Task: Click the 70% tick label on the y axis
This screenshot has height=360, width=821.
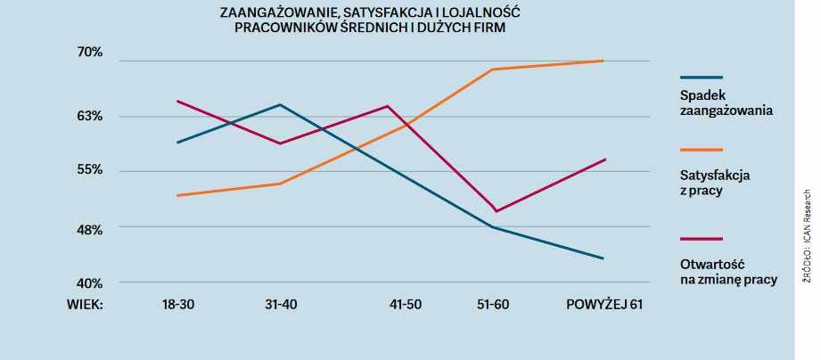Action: click(90, 53)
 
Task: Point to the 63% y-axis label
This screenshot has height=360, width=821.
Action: click(90, 116)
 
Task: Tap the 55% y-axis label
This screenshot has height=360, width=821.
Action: click(90, 169)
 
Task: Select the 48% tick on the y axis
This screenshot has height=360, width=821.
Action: click(90, 229)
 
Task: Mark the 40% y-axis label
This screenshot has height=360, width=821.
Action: click(90, 283)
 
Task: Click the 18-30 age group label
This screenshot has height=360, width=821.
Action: click(178, 305)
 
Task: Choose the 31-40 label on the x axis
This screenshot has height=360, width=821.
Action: click(282, 305)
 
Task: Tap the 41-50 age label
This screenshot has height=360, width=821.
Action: click(406, 305)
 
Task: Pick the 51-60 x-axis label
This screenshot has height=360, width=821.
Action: click(493, 305)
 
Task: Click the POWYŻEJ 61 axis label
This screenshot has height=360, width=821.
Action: click(604, 305)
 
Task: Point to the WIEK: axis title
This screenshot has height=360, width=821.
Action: click(86, 305)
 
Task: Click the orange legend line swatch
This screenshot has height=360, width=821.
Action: click(701, 150)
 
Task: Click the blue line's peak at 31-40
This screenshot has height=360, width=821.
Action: click(281, 105)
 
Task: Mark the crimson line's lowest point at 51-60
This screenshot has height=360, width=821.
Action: click(495, 211)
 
